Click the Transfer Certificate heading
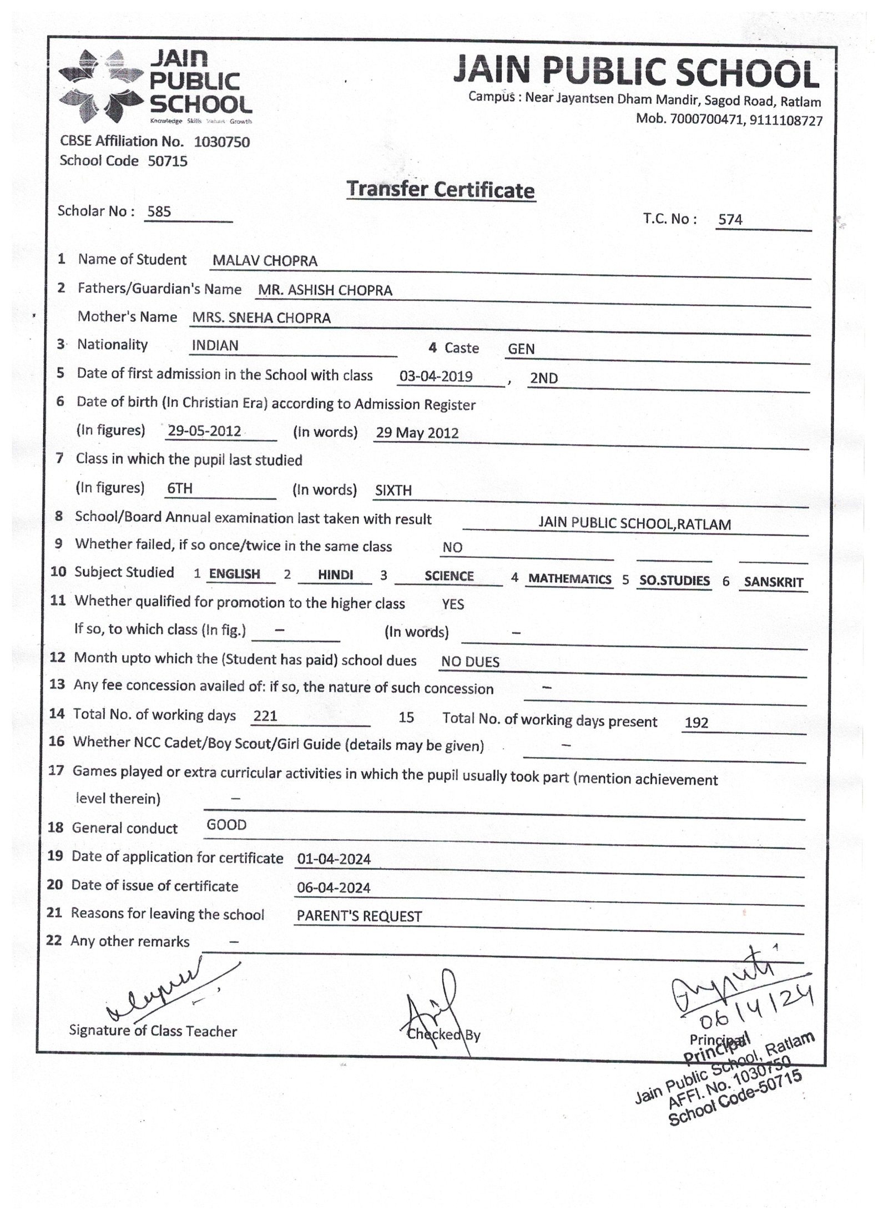[x=441, y=190]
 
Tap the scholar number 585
[x=159, y=211]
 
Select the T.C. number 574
[x=730, y=219]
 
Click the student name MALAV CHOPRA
[x=265, y=261]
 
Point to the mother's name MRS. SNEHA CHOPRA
[x=261, y=318]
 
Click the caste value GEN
[x=521, y=349]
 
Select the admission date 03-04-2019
[x=436, y=376]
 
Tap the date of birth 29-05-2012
[x=204, y=431]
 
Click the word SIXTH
[x=393, y=491]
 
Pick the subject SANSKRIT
[x=773, y=582]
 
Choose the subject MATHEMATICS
[x=569, y=579]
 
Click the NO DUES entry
[x=470, y=662]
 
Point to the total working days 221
[x=265, y=716]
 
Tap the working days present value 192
[x=696, y=723]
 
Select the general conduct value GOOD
[x=226, y=825]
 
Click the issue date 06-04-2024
[x=333, y=887]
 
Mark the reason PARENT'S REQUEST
[x=359, y=916]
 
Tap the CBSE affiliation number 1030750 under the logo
[x=221, y=142]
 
